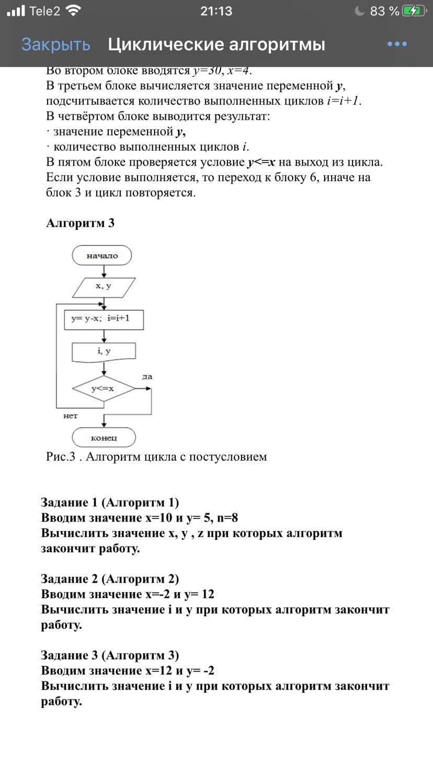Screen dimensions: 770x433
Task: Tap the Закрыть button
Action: pos(55,44)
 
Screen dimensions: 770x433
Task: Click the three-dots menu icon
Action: pos(397,44)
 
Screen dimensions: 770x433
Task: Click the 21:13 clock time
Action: pos(216,11)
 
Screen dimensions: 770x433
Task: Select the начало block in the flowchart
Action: pos(102,256)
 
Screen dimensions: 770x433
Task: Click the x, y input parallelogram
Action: pos(103,287)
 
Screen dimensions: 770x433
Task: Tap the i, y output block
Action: pos(104,352)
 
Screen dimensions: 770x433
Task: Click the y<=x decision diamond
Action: pos(103,389)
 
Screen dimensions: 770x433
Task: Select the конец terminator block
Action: pos(104,437)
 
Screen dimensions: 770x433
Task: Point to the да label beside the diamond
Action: pos(147,377)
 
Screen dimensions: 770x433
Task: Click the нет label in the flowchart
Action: pos(71,416)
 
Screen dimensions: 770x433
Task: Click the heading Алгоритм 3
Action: pos(81,223)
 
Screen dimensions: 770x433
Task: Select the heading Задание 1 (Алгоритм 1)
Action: pos(110,503)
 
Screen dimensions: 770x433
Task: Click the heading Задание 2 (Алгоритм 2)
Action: pos(110,579)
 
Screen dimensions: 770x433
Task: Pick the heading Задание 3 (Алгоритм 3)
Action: pos(110,655)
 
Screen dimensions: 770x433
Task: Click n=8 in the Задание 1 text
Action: pos(227,518)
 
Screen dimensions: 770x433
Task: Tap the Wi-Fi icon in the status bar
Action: pos(75,11)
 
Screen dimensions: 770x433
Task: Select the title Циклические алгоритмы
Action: pos(216,44)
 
